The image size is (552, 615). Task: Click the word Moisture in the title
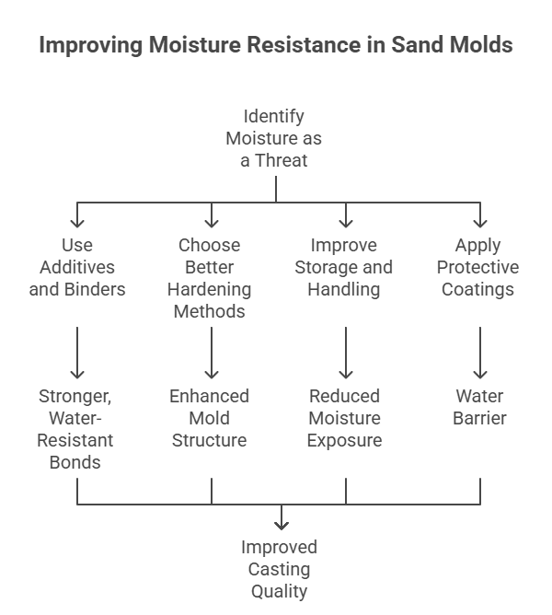[194, 44]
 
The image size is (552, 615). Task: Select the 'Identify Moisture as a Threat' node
[273, 138]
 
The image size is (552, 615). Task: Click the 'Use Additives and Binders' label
[77, 267]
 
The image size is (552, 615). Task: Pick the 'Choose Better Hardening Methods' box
[210, 278]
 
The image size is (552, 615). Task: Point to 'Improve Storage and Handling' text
[344, 267]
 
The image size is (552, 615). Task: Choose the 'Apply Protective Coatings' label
[477, 267]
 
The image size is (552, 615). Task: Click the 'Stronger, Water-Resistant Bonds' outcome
[75, 429]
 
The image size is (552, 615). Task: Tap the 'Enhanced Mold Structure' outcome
[210, 418]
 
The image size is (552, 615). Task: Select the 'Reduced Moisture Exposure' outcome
[345, 418]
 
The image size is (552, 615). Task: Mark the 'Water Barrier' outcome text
[479, 407]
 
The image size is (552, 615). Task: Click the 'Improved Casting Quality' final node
[279, 569]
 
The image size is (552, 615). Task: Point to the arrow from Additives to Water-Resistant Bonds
[77, 353]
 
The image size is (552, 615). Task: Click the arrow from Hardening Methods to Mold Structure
[212, 353]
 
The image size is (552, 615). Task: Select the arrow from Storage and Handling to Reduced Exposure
[346, 353]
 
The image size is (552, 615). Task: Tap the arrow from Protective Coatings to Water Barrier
[480, 353]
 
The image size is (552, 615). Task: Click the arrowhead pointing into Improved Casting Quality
[282, 525]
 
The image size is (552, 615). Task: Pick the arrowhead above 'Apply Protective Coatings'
[480, 223]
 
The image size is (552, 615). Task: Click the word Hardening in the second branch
[210, 289]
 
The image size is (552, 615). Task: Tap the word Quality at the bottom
[279, 591]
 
